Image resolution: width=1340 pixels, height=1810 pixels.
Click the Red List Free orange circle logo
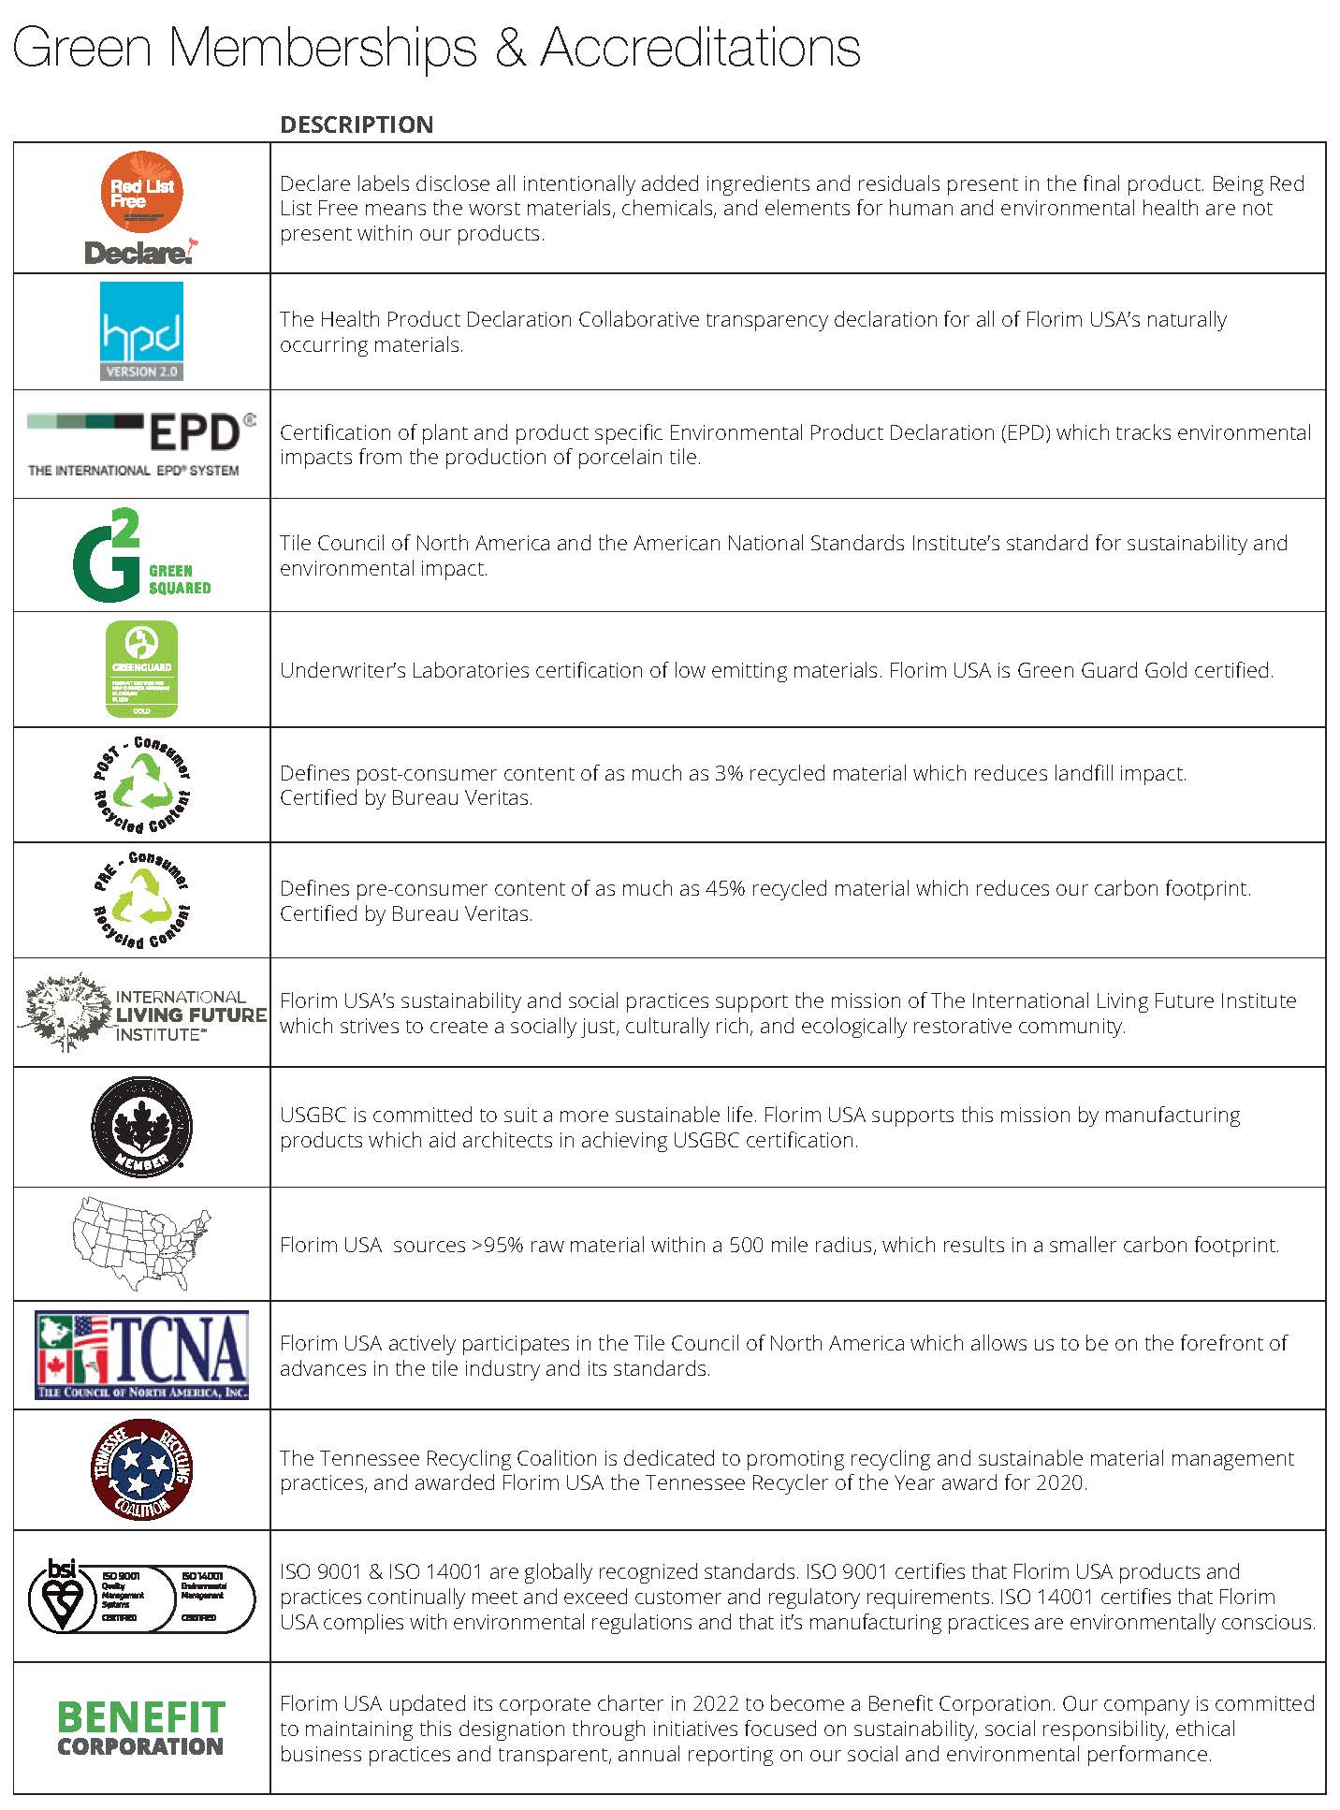pos(142,192)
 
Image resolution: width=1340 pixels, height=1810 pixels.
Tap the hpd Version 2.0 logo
pos(141,331)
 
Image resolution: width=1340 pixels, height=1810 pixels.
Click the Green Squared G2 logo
pos(140,555)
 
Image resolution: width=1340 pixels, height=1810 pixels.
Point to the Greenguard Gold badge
pos(141,669)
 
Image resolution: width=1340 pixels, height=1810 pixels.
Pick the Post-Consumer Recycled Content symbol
pos(141,784)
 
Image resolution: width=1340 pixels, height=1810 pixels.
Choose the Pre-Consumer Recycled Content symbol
pos(141,899)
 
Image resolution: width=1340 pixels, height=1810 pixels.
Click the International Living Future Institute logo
pos(142,1013)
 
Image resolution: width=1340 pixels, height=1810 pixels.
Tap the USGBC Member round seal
pos(141,1127)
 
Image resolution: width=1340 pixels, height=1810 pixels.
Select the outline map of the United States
pos(141,1243)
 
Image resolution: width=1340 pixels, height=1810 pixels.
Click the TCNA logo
pos(141,1354)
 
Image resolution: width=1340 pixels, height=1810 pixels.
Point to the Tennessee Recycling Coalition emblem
pos(141,1469)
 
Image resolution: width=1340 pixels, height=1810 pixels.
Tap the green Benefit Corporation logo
pos(141,1728)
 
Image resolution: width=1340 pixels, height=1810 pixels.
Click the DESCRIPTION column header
pos(357,124)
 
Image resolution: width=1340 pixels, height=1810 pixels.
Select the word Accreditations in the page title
pos(700,47)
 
